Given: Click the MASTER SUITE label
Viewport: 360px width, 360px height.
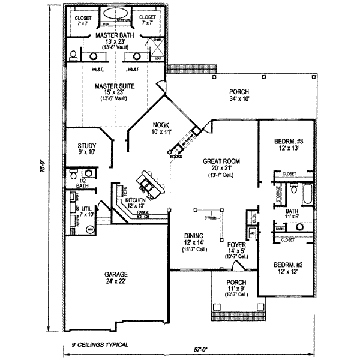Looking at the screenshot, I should coord(114,86).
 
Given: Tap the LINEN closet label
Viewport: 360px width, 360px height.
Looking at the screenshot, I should coord(280,229).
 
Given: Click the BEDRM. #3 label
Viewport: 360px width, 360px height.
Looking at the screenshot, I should coord(287,142).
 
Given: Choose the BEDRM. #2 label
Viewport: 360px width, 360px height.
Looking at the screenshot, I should coord(287,265).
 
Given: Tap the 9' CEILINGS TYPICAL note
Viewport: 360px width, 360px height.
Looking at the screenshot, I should coord(98,345).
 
